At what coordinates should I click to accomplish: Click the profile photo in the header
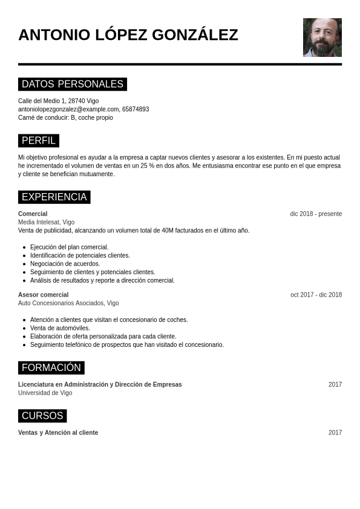pyautogui.click(x=322, y=38)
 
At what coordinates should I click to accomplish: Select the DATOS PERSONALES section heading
pyautogui.click(x=73, y=84)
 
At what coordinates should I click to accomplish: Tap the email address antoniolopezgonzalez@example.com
pyautogui.click(x=68, y=110)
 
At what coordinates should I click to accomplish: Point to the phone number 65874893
pyautogui.click(x=136, y=110)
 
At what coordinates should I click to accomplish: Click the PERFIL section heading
pyautogui.click(x=39, y=141)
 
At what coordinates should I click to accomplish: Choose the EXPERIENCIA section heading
pyautogui.click(x=54, y=197)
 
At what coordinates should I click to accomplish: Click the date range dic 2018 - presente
pyautogui.click(x=316, y=214)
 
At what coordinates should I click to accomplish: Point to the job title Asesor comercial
pyautogui.click(x=43, y=295)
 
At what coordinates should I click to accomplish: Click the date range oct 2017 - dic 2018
pyautogui.click(x=316, y=295)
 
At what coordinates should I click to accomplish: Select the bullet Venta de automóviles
pyautogui.click(x=60, y=328)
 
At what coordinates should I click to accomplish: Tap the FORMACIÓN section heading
pyautogui.click(x=51, y=367)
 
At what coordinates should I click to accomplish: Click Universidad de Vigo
pyautogui.click(x=45, y=393)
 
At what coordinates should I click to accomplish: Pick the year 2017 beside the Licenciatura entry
pyautogui.click(x=335, y=384)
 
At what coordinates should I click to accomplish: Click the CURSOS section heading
pyautogui.click(x=42, y=416)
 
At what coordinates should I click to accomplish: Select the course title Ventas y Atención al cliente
pyautogui.click(x=58, y=433)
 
